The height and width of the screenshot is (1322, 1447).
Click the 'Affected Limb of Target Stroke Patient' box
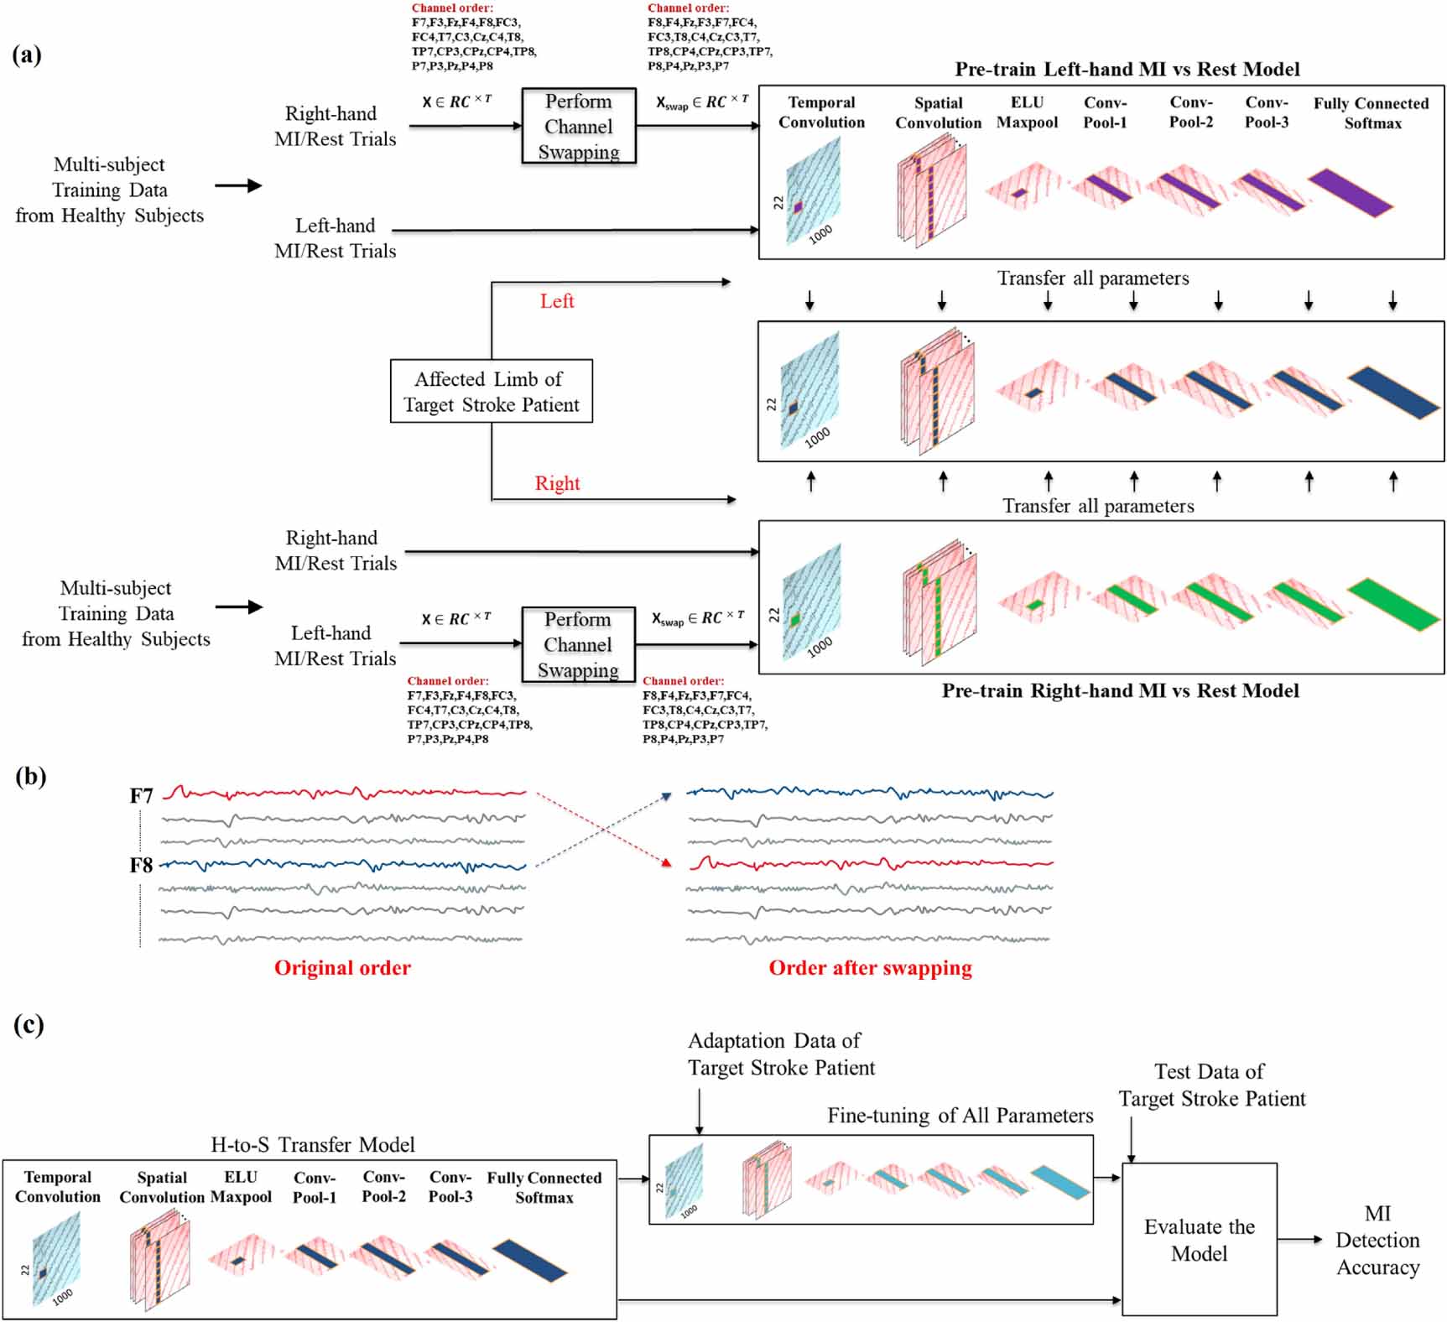(491, 391)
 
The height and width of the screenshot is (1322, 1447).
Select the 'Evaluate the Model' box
(1199, 1239)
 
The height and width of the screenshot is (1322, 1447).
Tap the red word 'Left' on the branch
(556, 301)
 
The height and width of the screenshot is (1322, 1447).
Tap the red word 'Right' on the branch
(557, 483)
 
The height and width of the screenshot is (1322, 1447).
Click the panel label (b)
(30, 776)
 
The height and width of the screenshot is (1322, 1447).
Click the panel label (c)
(29, 1025)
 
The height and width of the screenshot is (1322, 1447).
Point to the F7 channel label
(141, 795)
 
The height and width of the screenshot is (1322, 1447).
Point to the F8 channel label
(141, 865)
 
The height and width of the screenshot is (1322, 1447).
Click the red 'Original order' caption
(342, 967)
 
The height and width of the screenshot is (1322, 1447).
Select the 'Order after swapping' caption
(870, 967)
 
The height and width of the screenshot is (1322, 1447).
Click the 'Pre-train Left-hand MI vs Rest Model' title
(1127, 69)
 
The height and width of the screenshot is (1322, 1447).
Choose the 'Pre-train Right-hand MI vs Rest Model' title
(1120, 690)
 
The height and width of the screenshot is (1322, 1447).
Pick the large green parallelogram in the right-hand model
(1393, 604)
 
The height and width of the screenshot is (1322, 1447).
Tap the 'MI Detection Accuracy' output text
(1377, 1240)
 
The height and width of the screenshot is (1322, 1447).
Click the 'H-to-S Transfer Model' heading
(312, 1144)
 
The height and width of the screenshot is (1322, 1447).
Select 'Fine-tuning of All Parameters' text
(960, 1115)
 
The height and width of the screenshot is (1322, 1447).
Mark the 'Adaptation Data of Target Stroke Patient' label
(780, 1054)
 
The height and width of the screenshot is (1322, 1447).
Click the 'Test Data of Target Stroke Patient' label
(1211, 1085)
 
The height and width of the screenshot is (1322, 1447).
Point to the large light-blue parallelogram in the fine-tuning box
(1060, 1181)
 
